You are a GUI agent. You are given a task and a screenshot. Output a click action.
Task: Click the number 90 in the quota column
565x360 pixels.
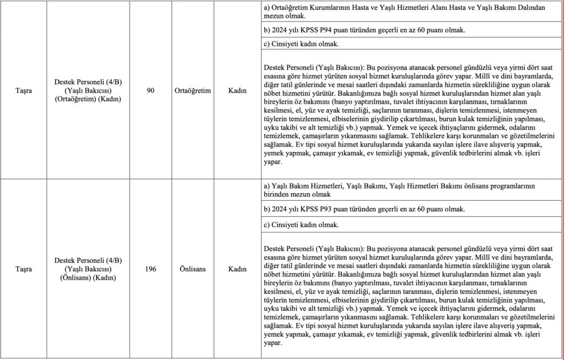click(151, 91)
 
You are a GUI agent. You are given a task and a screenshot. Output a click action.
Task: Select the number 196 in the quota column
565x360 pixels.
click(151, 269)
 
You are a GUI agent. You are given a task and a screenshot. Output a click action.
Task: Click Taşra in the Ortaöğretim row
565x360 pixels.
click(23, 91)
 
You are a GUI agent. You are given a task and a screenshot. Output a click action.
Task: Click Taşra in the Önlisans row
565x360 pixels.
click(23, 269)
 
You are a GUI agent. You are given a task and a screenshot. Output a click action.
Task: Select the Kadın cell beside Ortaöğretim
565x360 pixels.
click(237, 91)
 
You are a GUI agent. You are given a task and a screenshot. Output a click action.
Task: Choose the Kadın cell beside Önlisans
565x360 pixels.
click(237, 269)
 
